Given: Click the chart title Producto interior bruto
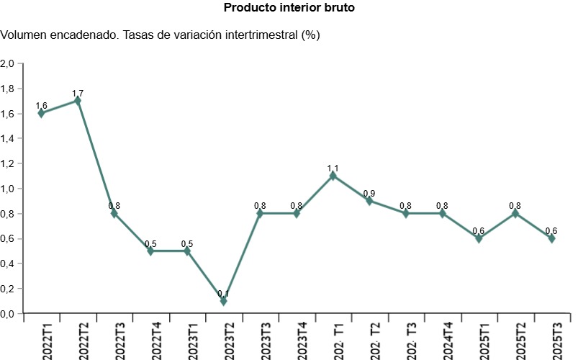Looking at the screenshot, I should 289,8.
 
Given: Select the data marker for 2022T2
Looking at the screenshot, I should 78,101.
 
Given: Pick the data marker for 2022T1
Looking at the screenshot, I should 41,113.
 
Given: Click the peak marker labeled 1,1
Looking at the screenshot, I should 333,176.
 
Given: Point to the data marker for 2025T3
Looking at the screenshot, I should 551,238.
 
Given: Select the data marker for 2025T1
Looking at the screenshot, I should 479,238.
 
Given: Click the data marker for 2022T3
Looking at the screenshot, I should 114,213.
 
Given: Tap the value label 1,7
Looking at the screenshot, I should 78,94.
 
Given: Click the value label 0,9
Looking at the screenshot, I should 369,194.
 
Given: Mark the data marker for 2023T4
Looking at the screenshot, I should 297,213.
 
